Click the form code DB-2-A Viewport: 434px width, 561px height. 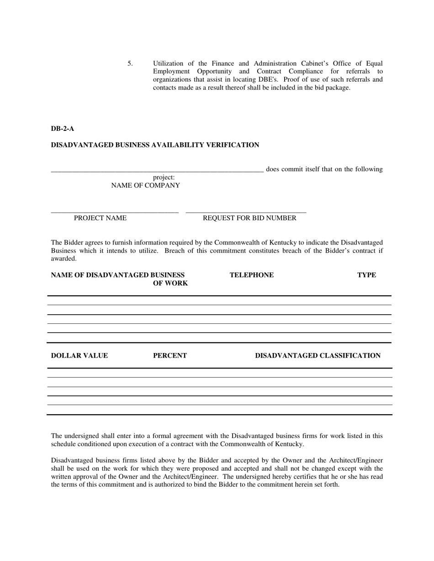(62, 129)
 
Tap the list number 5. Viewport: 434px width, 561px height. (130, 63)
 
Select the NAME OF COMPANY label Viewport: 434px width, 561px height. (145, 186)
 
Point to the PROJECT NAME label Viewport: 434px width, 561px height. (100, 218)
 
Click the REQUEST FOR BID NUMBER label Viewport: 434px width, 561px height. (249, 218)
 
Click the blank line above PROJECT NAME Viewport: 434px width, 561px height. (114, 212)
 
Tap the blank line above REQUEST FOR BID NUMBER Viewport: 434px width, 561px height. (246, 212)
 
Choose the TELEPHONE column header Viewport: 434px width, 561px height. (252, 275)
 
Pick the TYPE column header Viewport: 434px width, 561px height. (366, 275)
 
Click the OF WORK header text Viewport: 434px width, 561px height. (170, 284)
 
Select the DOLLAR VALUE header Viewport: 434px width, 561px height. (79, 356)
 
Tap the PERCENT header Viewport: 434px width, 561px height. (169, 356)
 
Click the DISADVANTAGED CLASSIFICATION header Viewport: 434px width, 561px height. (318, 356)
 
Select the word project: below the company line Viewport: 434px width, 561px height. (164, 177)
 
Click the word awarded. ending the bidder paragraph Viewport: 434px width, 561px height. (64, 259)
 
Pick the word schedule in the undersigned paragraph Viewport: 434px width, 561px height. (64, 444)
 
